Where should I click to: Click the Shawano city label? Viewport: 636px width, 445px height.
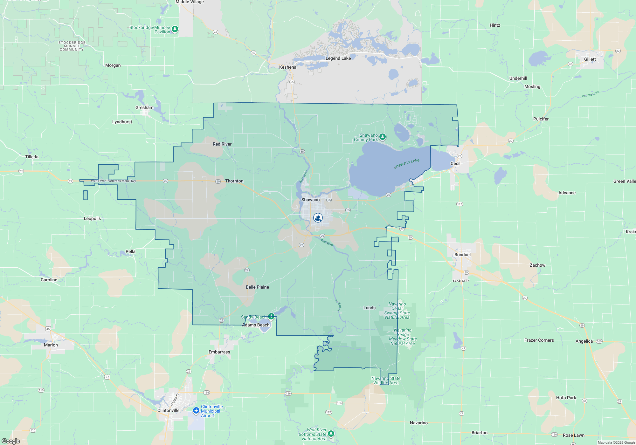310,200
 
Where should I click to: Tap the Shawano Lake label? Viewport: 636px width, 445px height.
406,164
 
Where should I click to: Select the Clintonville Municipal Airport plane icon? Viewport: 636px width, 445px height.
196,411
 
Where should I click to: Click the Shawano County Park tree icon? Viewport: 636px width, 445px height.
383,137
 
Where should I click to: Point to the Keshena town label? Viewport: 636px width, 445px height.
287,67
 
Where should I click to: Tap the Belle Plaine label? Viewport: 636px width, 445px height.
257,287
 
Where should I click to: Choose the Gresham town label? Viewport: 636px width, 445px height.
144,107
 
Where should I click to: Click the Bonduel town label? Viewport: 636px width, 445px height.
462,255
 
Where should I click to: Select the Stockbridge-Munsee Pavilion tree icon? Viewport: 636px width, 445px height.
175,29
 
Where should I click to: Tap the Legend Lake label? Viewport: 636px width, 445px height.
338,58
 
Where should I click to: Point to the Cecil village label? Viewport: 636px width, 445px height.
455,163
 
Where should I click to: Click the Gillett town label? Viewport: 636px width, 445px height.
590,59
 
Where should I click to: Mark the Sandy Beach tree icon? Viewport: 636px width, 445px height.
271,316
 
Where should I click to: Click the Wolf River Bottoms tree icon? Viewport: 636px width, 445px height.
331,433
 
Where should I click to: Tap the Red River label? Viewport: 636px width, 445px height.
222,144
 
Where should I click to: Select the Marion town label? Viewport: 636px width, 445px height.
51,345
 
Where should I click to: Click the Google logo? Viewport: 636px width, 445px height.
11,441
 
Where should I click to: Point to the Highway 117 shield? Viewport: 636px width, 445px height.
460,204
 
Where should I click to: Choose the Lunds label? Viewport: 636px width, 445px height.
369,308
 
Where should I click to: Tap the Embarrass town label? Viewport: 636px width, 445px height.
219,352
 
